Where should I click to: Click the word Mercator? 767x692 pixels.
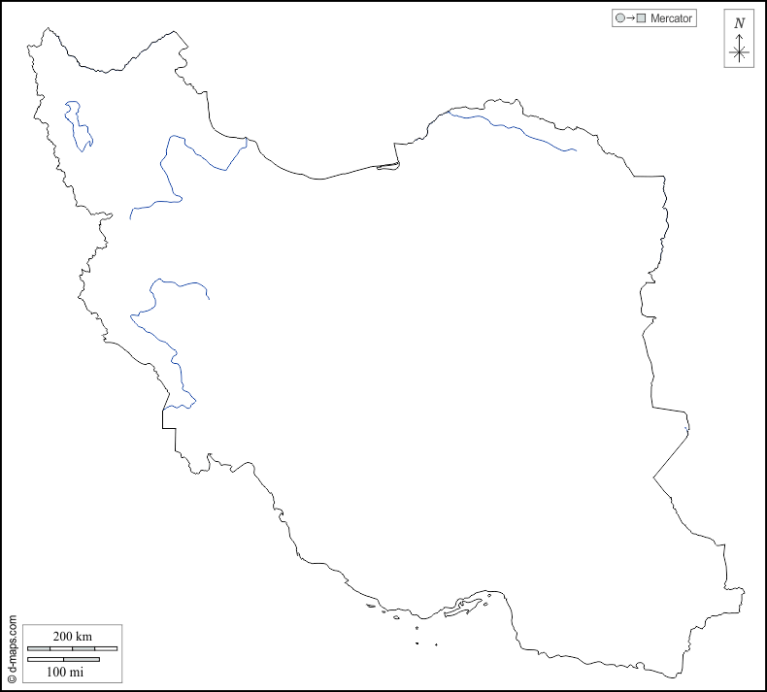click(x=672, y=17)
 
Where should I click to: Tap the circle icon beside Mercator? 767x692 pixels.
click(x=618, y=17)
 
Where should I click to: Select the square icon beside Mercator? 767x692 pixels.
click(x=641, y=17)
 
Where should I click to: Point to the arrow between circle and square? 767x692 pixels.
click(x=629, y=17)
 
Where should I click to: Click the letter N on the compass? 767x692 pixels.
click(x=739, y=23)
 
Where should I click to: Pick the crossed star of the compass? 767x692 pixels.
click(x=739, y=52)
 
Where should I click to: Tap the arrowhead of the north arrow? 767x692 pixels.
click(x=739, y=37)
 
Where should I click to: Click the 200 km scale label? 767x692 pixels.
click(x=72, y=636)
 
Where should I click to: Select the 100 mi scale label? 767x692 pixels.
click(x=64, y=672)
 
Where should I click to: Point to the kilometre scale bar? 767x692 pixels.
click(x=72, y=647)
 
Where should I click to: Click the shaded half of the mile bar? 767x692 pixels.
click(x=82, y=660)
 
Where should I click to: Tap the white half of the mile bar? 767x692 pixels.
click(x=46, y=660)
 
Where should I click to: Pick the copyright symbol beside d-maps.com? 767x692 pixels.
click(x=12, y=679)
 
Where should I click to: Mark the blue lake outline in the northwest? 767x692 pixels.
click(x=77, y=126)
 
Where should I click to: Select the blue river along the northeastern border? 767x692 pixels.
click(x=515, y=126)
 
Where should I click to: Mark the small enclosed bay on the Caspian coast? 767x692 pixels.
click(x=387, y=166)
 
